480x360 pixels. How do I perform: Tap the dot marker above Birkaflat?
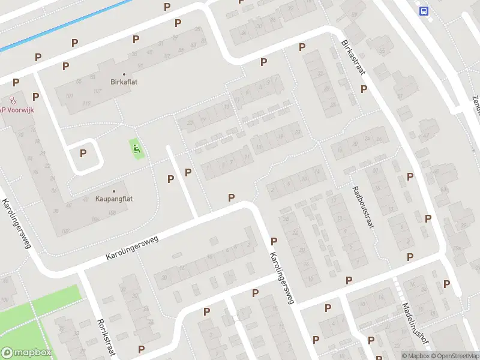pyautogui.click(x=125, y=74)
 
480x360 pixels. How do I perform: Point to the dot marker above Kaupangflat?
pyautogui.click(x=114, y=190)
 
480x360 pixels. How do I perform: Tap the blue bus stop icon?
pyautogui.click(x=425, y=10)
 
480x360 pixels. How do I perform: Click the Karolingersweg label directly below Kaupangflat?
pyautogui.click(x=132, y=247)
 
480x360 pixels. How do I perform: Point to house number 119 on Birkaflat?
pyautogui.click(x=88, y=104)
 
